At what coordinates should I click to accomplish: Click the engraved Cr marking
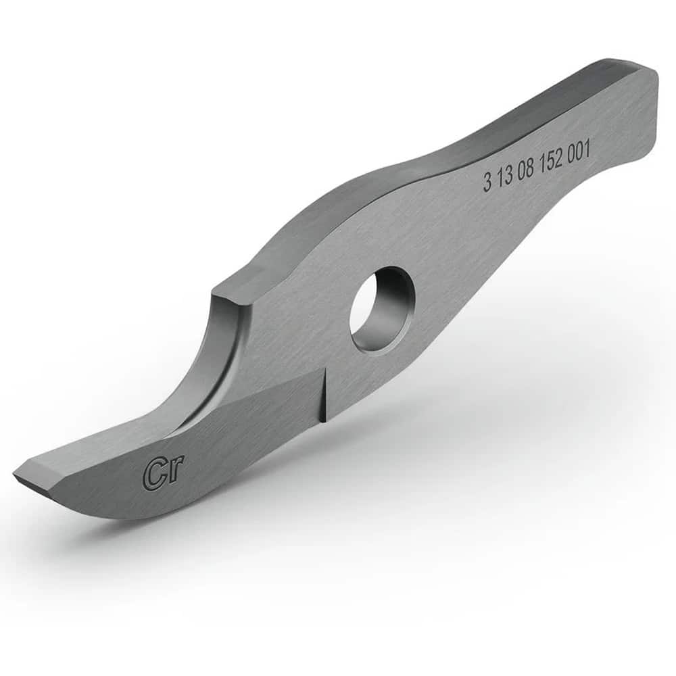163,473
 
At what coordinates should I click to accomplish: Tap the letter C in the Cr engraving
153,475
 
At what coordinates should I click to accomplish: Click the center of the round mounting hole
380,309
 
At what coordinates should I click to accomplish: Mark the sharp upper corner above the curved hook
215,295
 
